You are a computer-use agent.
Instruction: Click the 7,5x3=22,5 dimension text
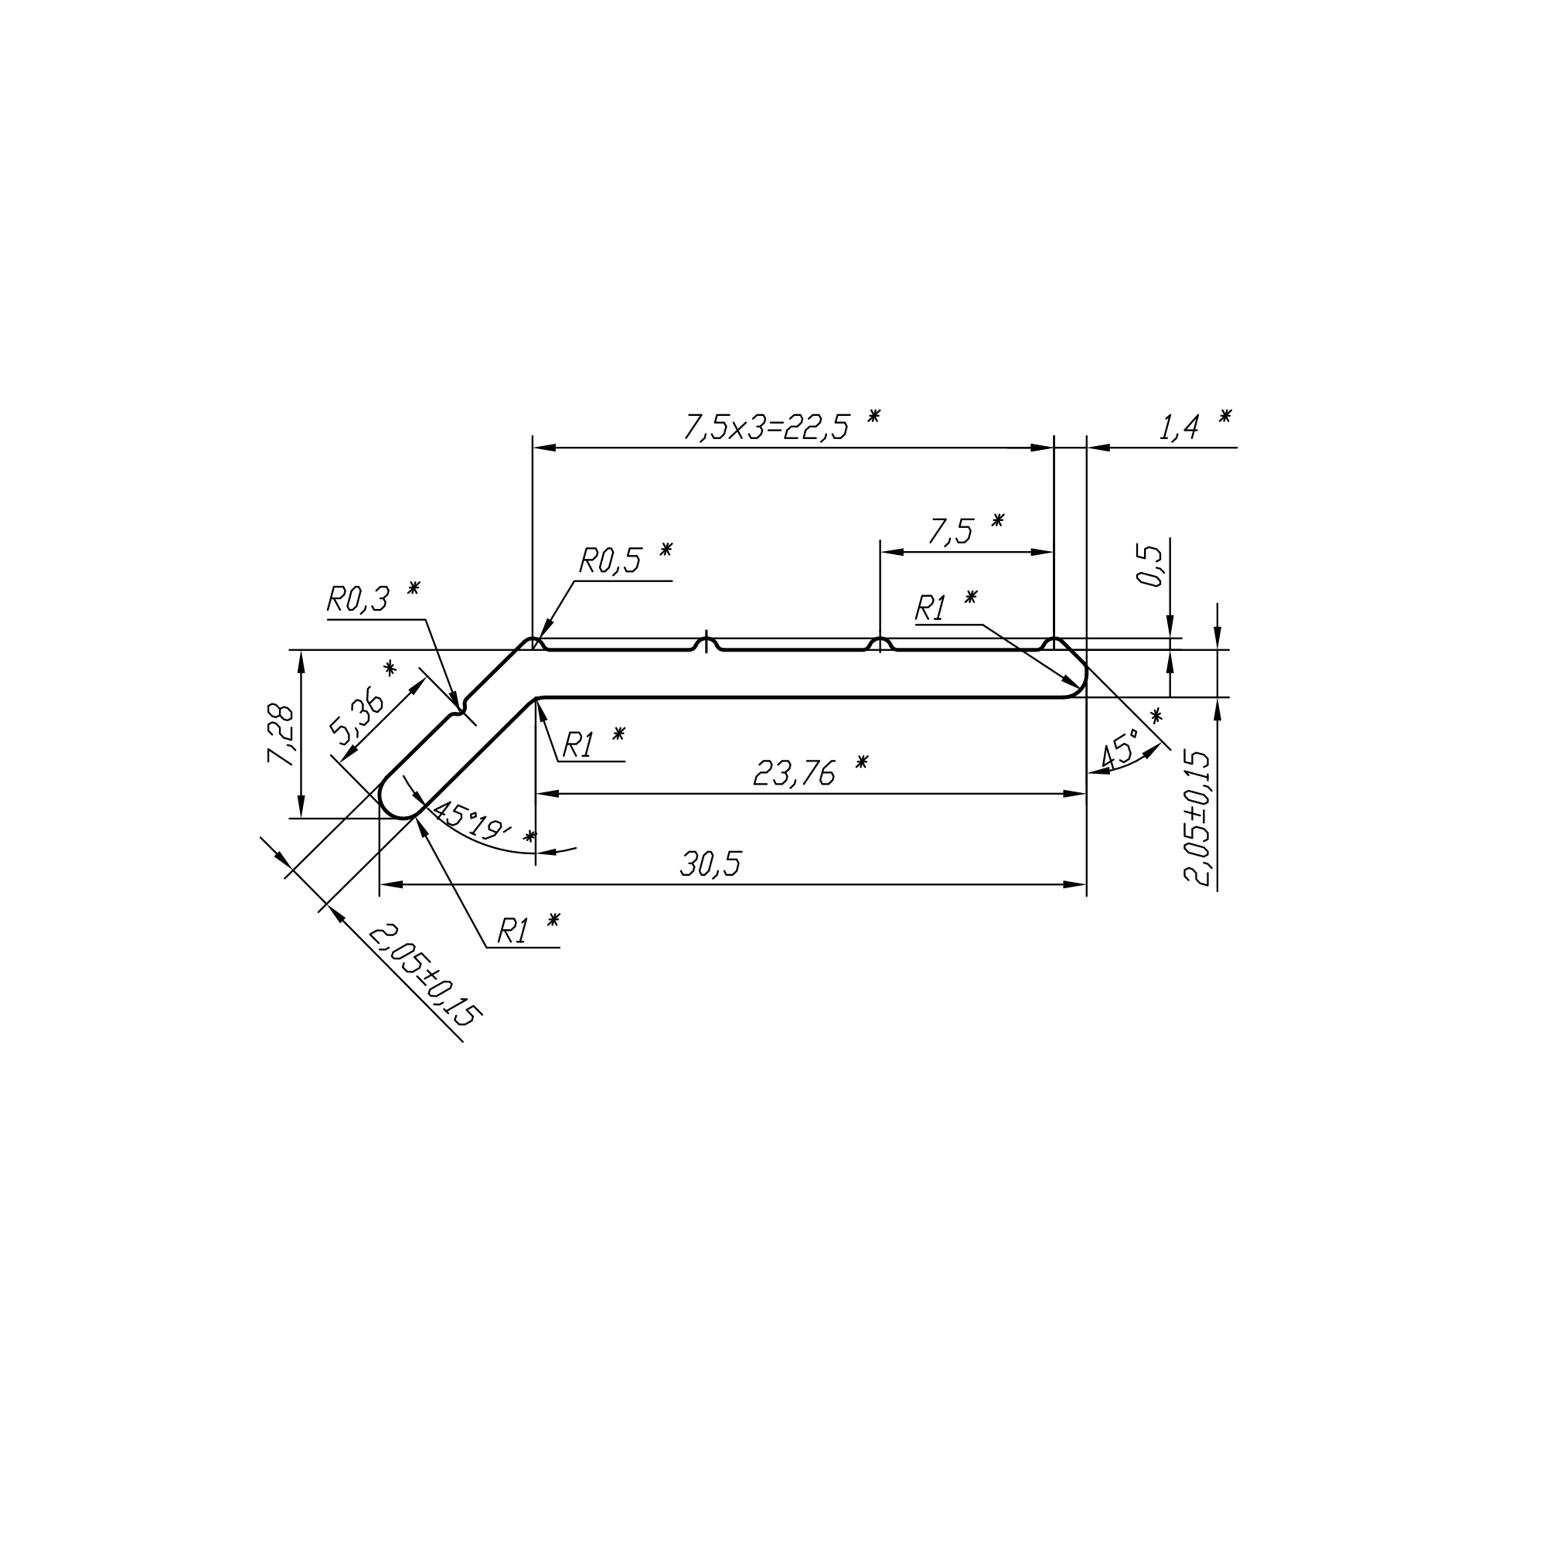coord(766,428)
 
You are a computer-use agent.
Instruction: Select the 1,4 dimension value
coord(1179,428)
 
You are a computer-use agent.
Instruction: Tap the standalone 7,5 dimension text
coord(951,531)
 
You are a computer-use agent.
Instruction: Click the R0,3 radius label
coord(358,599)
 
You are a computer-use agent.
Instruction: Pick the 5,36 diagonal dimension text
coord(357,714)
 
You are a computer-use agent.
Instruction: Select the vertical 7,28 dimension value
coord(281,734)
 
